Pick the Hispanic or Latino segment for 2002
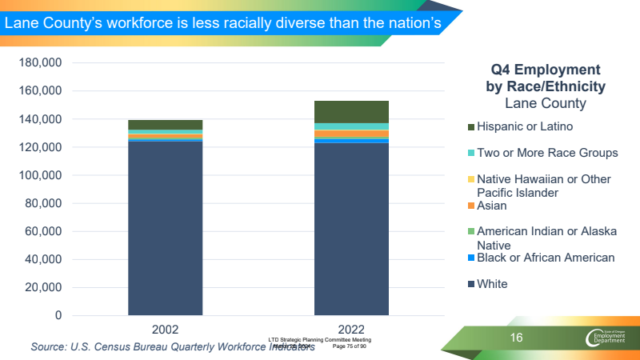pyautogui.click(x=165, y=125)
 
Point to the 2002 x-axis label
pyautogui.click(x=165, y=330)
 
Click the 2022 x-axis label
pyautogui.click(x=351, y=330)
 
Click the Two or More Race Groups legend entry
pyautogui.click(x=546, y=153)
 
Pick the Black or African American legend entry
pyautogui.click(x=545, y=258)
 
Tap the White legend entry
pyautogui.click(x=491, y=284)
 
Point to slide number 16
pyautogui.click(x=517, y=338)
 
